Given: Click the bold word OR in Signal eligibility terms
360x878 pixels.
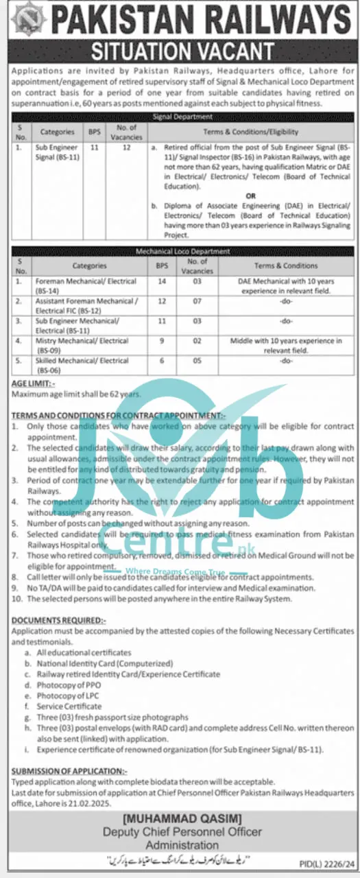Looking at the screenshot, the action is coord(251,195).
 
